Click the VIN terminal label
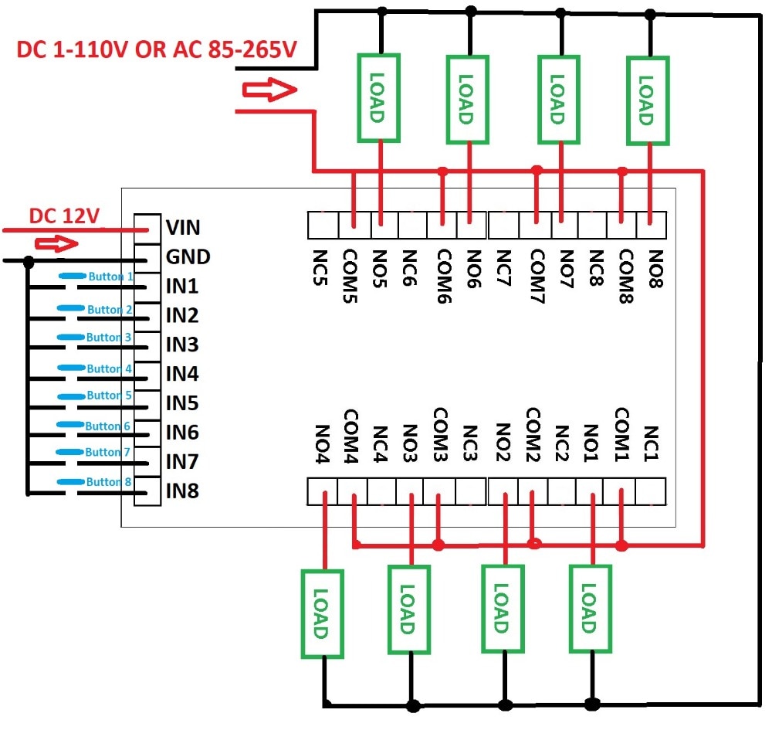point(183,227)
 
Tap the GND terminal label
point(188,256)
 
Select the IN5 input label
point(183,403)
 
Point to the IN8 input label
point(183,491)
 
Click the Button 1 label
point(111,276)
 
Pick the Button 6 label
point(108,426)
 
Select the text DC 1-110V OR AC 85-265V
point(157,50)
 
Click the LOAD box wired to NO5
point(378,98)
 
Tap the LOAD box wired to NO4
point(322,613)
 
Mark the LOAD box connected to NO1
point(591,609)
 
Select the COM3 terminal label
point(440,432)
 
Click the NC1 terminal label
point(650,443)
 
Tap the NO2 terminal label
point(503,442)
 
